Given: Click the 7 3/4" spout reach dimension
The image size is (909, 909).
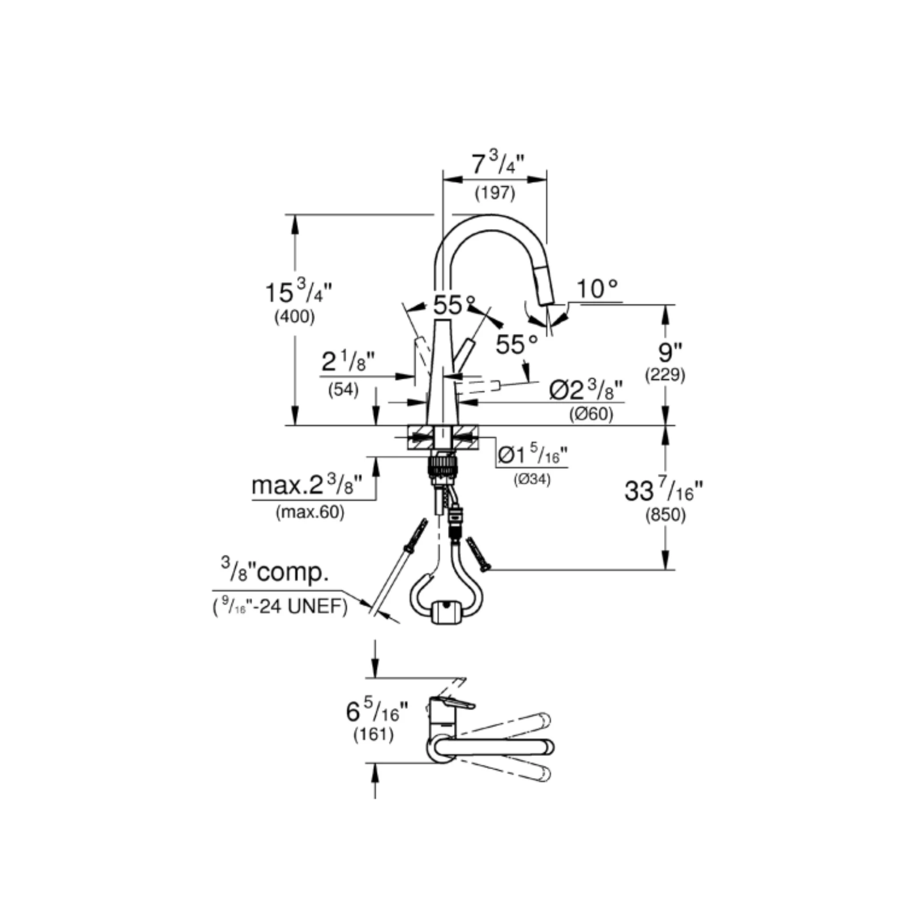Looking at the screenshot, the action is [498, 164].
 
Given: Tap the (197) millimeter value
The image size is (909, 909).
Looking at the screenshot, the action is [495, 193].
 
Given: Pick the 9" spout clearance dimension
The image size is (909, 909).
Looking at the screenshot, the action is [665, 352].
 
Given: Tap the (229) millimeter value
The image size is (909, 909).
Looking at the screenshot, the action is [665, 375].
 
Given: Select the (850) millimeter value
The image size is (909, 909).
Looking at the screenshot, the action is [665, 516].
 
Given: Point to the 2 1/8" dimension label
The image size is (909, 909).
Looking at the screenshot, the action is [348, 361].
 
